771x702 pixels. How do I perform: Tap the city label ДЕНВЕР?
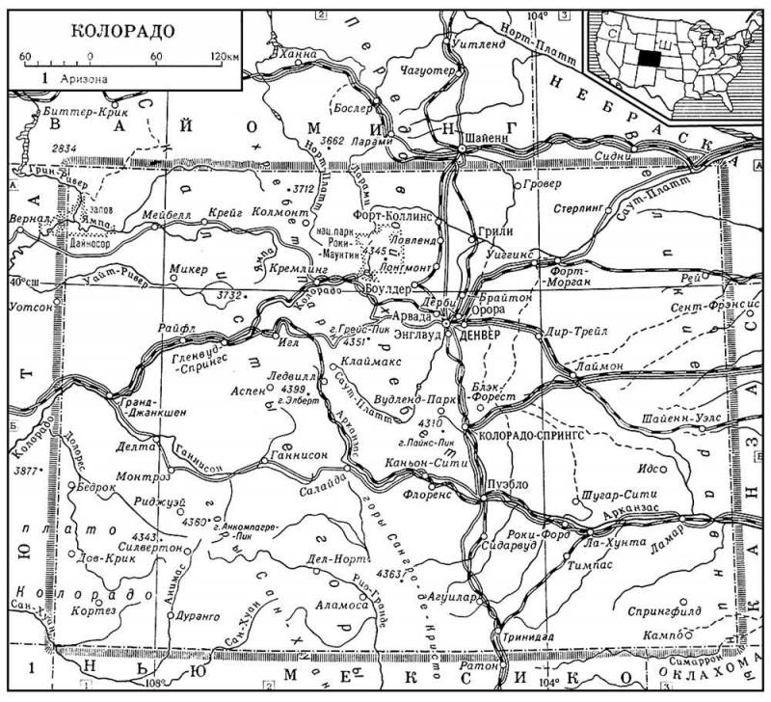485,335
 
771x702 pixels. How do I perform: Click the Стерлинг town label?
578,205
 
